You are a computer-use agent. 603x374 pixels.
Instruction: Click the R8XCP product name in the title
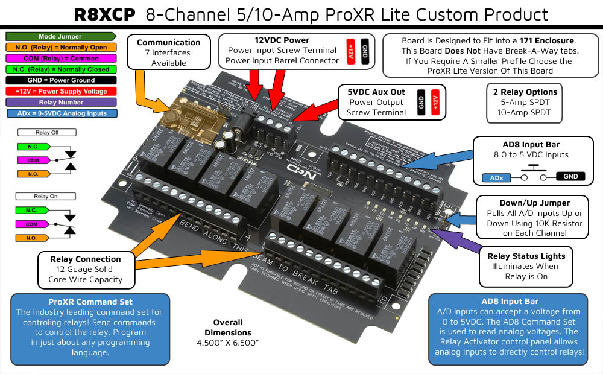coord(104,15)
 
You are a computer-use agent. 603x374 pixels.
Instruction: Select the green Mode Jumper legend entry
coord(60,37)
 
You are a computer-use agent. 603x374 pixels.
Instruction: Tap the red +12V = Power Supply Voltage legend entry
coord(60,91)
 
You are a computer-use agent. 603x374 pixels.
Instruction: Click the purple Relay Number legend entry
coord(60,102)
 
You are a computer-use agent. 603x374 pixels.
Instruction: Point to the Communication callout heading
coord(168,43)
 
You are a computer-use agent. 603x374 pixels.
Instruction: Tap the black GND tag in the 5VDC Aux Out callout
coord(420,102)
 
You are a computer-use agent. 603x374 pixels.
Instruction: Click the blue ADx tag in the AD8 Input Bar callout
coord(497,178)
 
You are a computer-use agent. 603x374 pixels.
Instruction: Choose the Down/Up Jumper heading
coord(526,203)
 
